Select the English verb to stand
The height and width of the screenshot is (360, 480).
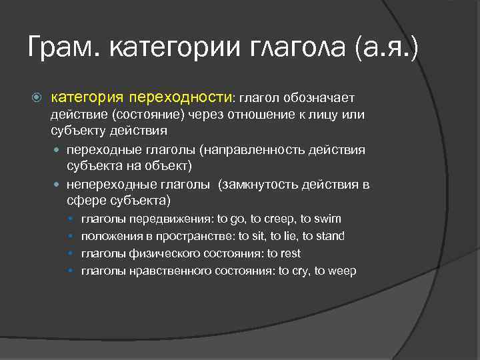[323, 236]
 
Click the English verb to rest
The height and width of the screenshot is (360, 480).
[283, 253]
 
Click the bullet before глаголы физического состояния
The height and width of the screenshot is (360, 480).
[71, 254]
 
